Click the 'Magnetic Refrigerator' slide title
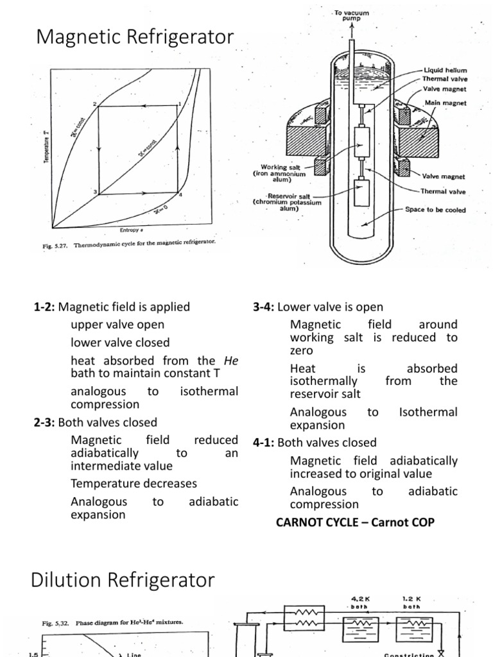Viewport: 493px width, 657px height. coord(135,37)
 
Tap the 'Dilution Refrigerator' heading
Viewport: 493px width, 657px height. coord(123,581)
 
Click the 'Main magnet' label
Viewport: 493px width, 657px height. coord(445,103)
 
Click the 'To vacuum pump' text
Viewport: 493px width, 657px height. coord(352,15)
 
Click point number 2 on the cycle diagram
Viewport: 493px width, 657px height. coord(95,103)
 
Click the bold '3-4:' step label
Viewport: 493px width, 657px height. coord(264,307)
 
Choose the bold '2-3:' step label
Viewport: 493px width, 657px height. coord(45,422)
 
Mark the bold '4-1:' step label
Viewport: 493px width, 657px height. coord(264,443)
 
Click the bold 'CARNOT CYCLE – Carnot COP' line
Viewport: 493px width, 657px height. coord(355,522)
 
